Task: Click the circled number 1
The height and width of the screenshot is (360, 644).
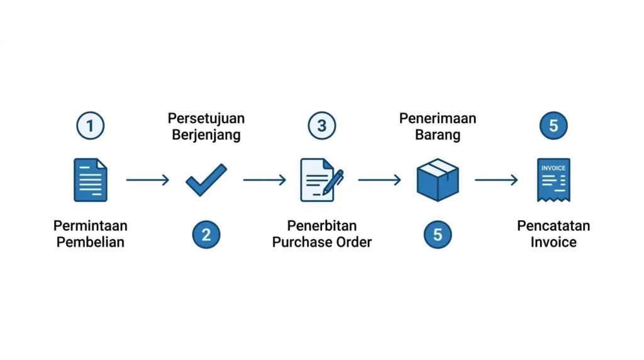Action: click(91, 125)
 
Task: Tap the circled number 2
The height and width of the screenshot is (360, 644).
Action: click(206, 235)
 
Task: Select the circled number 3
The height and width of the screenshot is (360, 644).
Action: click(322, 125)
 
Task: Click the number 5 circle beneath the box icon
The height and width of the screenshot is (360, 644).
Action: click(438, 235)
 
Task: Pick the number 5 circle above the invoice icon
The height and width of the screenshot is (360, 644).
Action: click(553, 125)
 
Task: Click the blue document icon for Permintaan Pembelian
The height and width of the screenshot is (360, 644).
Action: click(91, 180)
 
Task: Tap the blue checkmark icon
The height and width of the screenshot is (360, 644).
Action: click(206, 180)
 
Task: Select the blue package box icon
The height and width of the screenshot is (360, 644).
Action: click(438, 180)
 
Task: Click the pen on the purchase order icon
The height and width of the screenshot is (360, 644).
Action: click(333, 183)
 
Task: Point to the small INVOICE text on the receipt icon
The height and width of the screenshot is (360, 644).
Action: click(553, 168)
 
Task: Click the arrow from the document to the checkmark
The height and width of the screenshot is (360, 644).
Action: click(148, 180)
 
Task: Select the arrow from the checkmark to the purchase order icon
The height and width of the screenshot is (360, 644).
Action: click(265, 180)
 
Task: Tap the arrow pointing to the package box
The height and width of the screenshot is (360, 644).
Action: click(379, 180)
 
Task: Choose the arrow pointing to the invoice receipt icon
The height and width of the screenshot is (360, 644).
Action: click(496, 180)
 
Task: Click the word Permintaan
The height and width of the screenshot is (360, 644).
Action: click(91, 225)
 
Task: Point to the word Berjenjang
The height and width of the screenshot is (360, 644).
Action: click(206, 135)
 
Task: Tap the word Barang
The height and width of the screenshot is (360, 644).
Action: click(438, 135)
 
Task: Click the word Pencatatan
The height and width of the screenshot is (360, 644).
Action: click(553, 225)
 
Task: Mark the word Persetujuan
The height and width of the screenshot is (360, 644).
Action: click(206, 119)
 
